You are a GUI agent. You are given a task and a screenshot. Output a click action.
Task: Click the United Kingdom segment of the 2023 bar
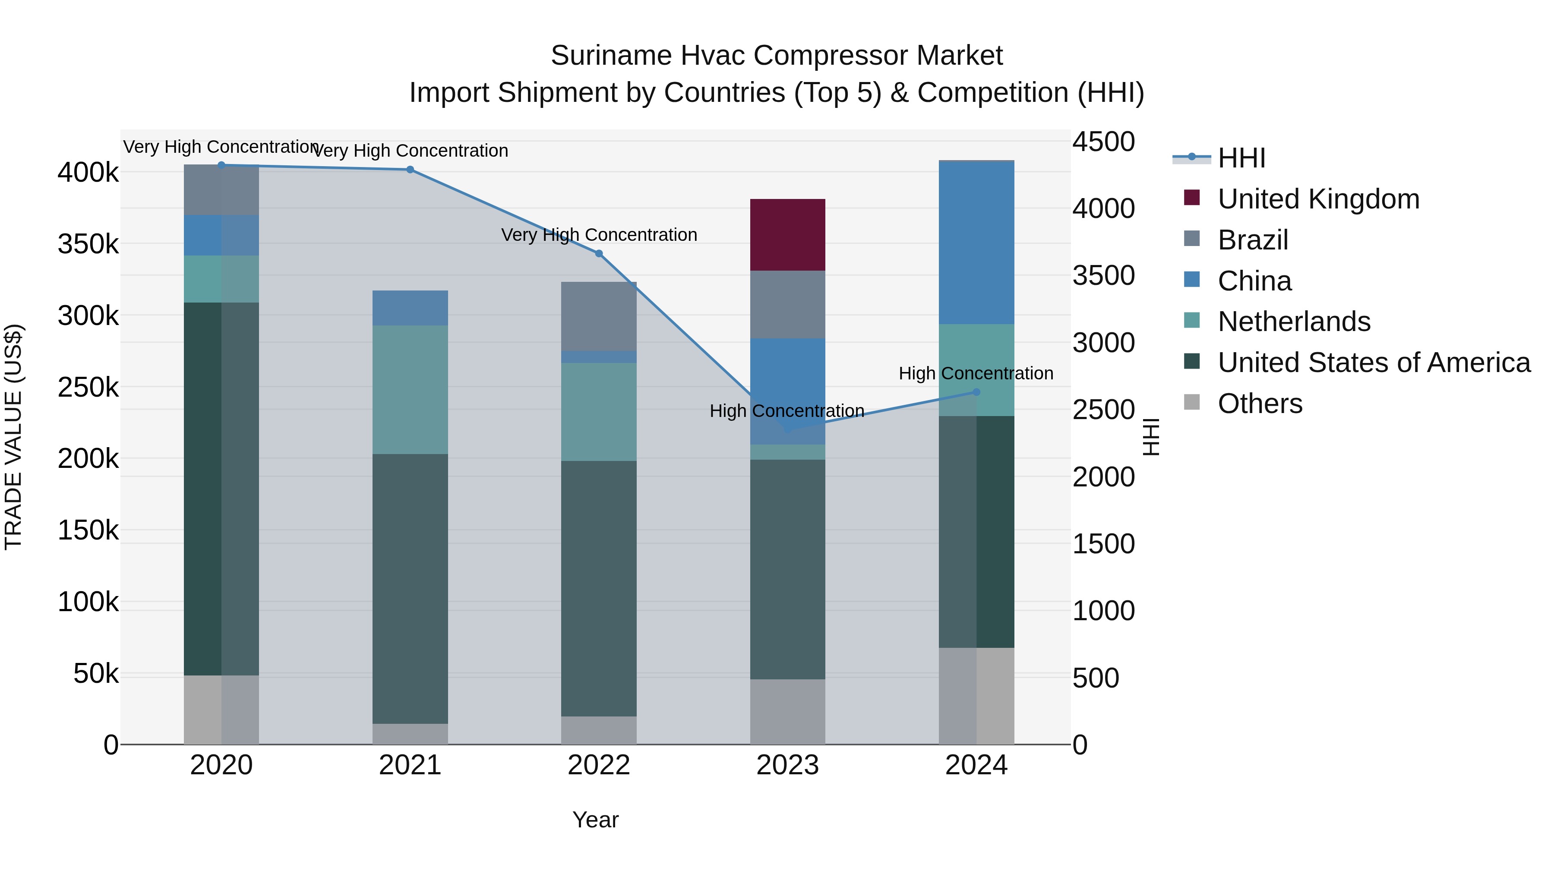point(787,235)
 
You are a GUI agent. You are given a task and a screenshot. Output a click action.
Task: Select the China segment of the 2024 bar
point(976,243)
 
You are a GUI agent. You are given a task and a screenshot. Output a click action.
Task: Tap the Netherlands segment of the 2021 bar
point(410,390)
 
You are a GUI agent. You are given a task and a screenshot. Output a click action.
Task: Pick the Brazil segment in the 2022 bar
point(598,316)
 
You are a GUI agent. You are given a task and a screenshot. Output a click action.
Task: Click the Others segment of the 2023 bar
point(787,712)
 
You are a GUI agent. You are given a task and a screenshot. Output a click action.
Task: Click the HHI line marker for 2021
point(410,170)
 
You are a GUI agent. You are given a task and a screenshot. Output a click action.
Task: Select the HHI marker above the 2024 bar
point(976,392)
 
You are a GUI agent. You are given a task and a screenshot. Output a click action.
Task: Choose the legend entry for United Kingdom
point(1318,199)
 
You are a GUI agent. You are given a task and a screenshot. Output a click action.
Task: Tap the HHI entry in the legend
point(1241,158)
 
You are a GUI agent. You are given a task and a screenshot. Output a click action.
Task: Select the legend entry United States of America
point(1374,363)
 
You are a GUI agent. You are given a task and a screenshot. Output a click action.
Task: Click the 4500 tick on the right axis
point(1103,142)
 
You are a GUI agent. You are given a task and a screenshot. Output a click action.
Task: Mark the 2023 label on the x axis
point(787,765)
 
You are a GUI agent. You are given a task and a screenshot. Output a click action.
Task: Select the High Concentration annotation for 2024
point(976,373)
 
